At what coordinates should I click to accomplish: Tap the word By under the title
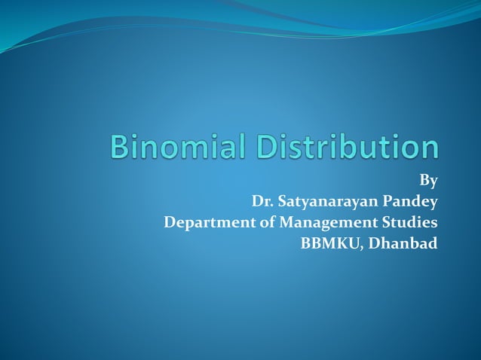point(428,181)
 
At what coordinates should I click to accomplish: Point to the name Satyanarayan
point(326,203)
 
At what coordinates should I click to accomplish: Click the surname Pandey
point(410,202)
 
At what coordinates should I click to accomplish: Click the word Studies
point(409,223)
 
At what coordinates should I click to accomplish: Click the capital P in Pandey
point(388,202)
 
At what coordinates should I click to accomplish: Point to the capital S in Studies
point(386,223)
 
